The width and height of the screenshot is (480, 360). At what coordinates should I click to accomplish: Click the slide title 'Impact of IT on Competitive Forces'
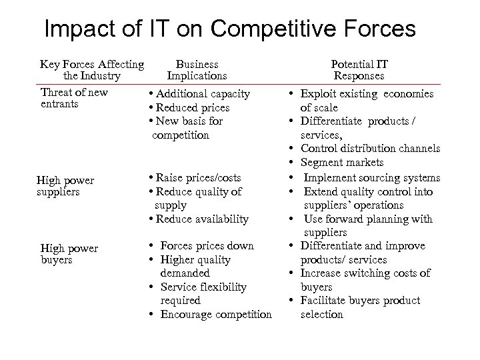click(229, 29)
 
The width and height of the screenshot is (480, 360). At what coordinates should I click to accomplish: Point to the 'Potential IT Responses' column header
click(359, 70)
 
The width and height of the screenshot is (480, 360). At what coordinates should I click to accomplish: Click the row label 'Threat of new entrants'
click(74, 98)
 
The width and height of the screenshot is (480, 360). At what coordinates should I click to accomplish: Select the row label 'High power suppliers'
click(65, 186)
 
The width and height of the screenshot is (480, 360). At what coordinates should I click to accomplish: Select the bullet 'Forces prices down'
click(207, 246)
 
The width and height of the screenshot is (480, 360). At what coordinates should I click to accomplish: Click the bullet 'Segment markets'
click(342, 163)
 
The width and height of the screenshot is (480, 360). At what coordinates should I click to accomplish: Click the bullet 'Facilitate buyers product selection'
click(360, 307)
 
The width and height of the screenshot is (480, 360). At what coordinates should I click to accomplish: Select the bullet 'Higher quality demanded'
click(195, 266)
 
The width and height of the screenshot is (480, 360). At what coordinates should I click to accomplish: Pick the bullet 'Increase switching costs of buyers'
click(365, 280)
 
